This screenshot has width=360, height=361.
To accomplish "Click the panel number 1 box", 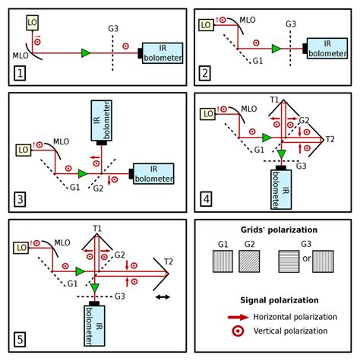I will coord(20,74).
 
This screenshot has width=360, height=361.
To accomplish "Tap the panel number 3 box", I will coord(20,201).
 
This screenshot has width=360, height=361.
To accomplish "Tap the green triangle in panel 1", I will coord(85,52).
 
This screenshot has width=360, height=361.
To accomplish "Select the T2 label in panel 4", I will coord(330,139).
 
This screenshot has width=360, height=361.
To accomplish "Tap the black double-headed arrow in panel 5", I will coord(162,297).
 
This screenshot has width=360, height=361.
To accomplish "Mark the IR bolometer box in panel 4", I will coord(282,186).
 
